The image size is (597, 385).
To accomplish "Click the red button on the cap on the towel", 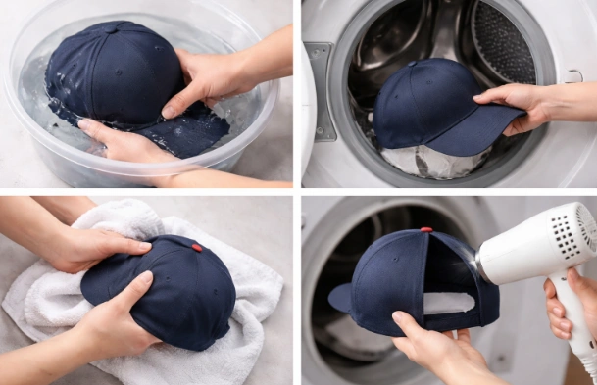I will [196, 248].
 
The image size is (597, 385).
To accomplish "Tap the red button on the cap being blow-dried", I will [426, 230].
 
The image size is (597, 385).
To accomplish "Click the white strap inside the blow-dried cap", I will [448, 303].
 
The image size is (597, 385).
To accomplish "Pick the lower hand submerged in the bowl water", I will [123, 144].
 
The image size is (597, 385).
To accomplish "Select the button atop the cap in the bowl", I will [110, 28].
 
